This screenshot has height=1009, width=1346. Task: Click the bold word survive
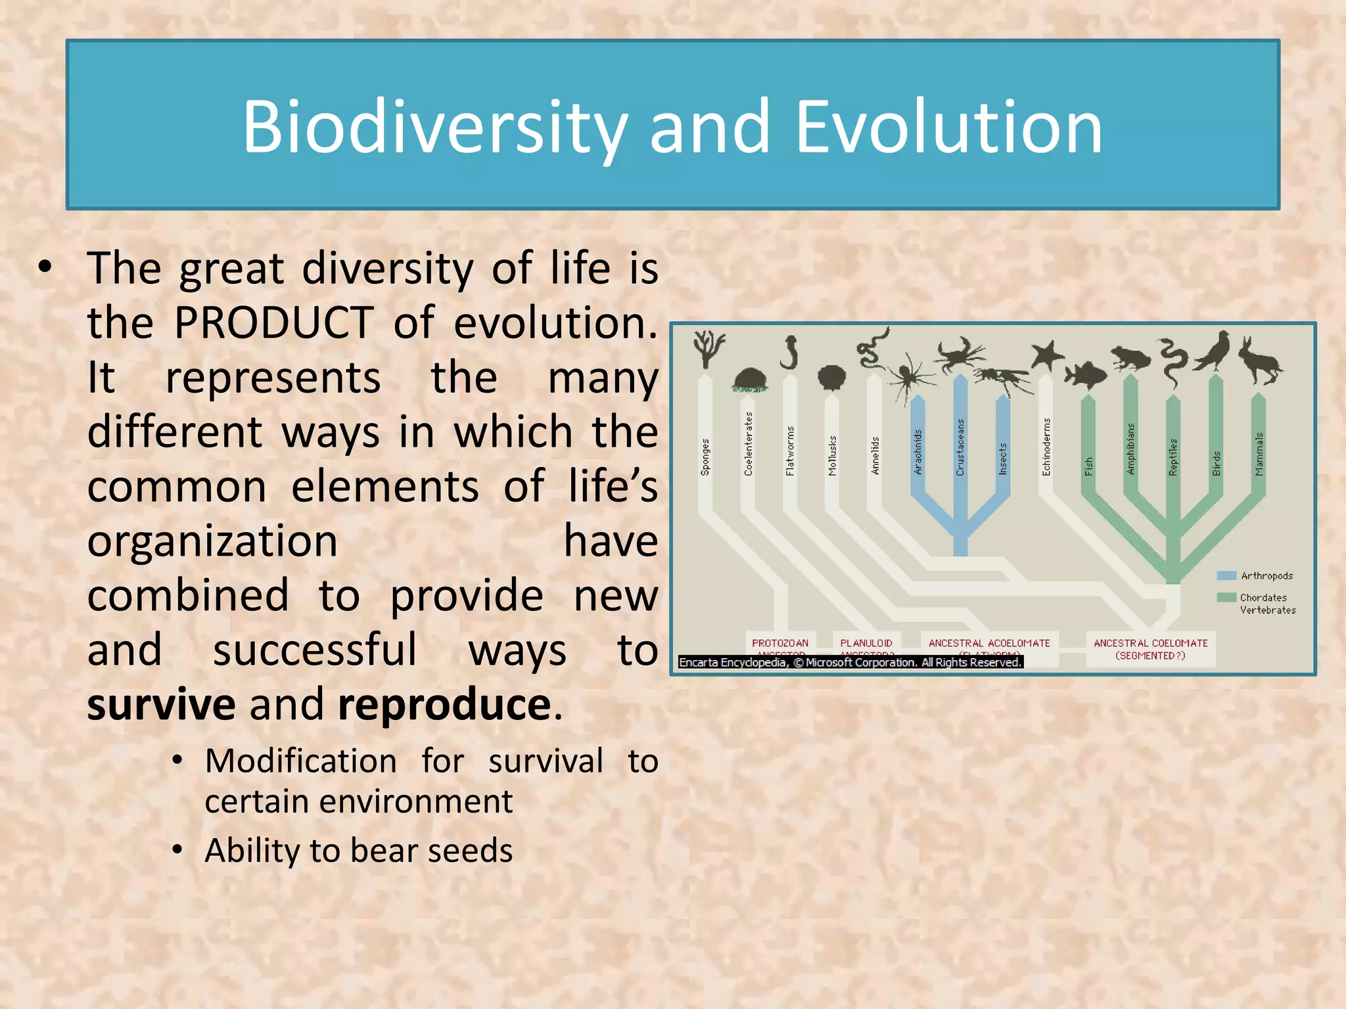pyautogui.click(x=161, y=704)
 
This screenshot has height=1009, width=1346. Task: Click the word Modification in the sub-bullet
pyautogui.click(x=301, y=761)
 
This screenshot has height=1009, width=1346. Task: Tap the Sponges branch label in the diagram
pyautogui.click(x=705, y=457)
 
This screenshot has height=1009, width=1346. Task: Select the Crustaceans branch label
pyautogui.click(x=960, y=447)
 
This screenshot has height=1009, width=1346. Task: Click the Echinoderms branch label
pyautogui.click(x=1046, y=447)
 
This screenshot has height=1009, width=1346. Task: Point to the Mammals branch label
pyautogui.click(x=1259, y=453)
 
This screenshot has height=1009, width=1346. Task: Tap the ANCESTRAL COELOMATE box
pyautogui.click(x=1150, y=648)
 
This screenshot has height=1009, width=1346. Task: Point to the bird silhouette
pyautogui.click(x=1215, y=351)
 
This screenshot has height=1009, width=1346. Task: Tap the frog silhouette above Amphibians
pyautogui.click(x=1130, y=359)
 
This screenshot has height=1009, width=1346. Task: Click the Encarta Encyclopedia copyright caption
pyautogui.click(x=850, y=662)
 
